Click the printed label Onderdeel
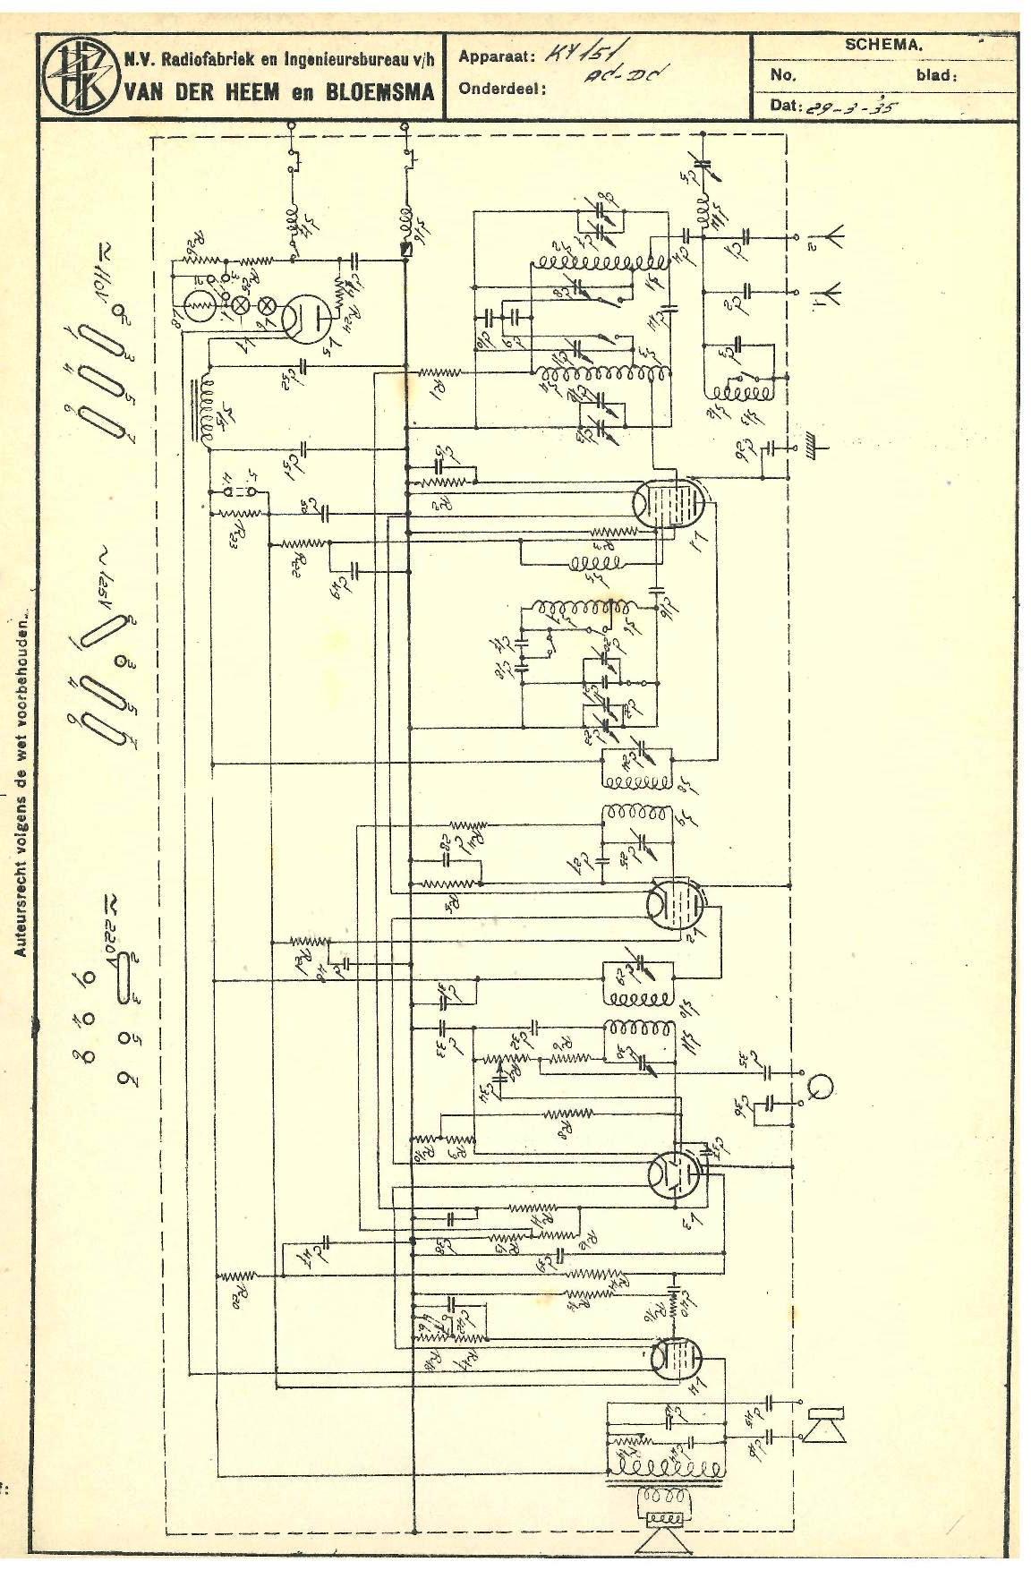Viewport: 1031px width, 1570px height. click(502, 89)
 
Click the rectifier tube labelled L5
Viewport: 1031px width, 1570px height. click(303, 317)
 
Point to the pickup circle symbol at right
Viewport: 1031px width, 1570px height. click(821, 1086)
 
